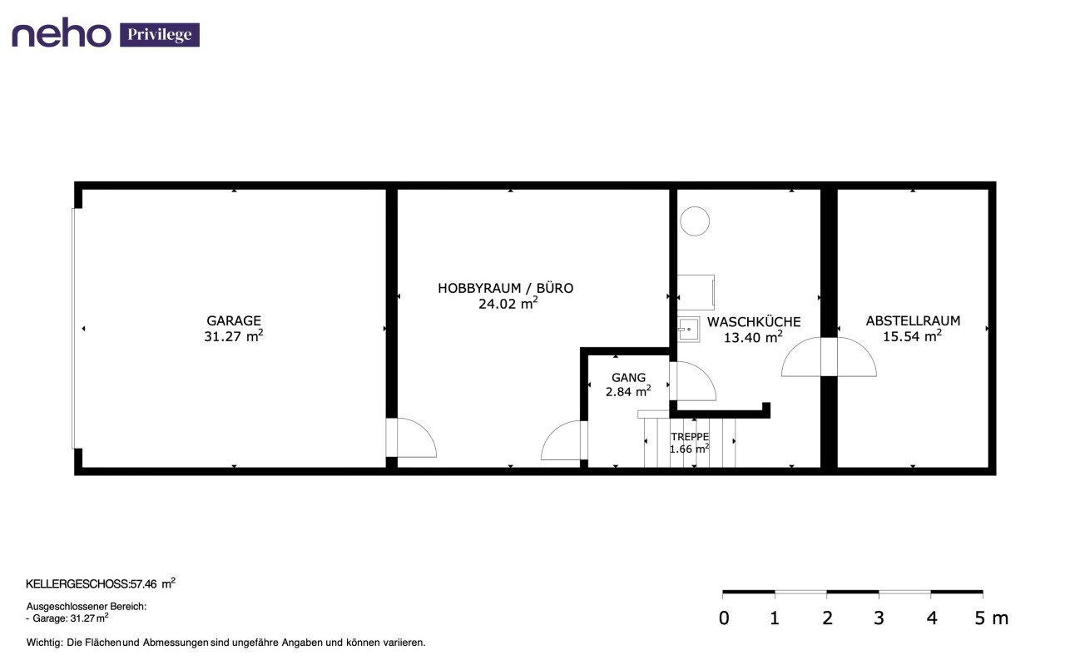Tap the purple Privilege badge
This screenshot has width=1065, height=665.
[160, 35]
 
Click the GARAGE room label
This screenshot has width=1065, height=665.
[234, 320]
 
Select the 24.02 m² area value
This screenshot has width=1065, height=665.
[508, 304]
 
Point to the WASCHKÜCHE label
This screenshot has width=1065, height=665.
[754, 321]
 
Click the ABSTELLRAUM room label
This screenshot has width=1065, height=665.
[913, 320]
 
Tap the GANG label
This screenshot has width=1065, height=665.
[628, 378]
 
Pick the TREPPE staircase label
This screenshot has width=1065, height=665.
[690, 437]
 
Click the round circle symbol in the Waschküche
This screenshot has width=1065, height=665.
[695, 221]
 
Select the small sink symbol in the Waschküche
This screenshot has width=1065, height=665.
[688, 329]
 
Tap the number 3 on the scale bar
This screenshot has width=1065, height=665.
[879, 618]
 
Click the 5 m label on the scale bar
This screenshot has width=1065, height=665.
[991, 618]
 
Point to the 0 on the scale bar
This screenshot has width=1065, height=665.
[724, 618]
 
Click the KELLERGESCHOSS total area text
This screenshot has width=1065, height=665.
[101, 583]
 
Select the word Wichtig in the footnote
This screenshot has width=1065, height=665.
[44, 643]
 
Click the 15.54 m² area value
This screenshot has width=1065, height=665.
[913, 336]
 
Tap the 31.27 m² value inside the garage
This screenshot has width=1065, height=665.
[234, 336]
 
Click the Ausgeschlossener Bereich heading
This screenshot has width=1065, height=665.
[86, 607]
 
